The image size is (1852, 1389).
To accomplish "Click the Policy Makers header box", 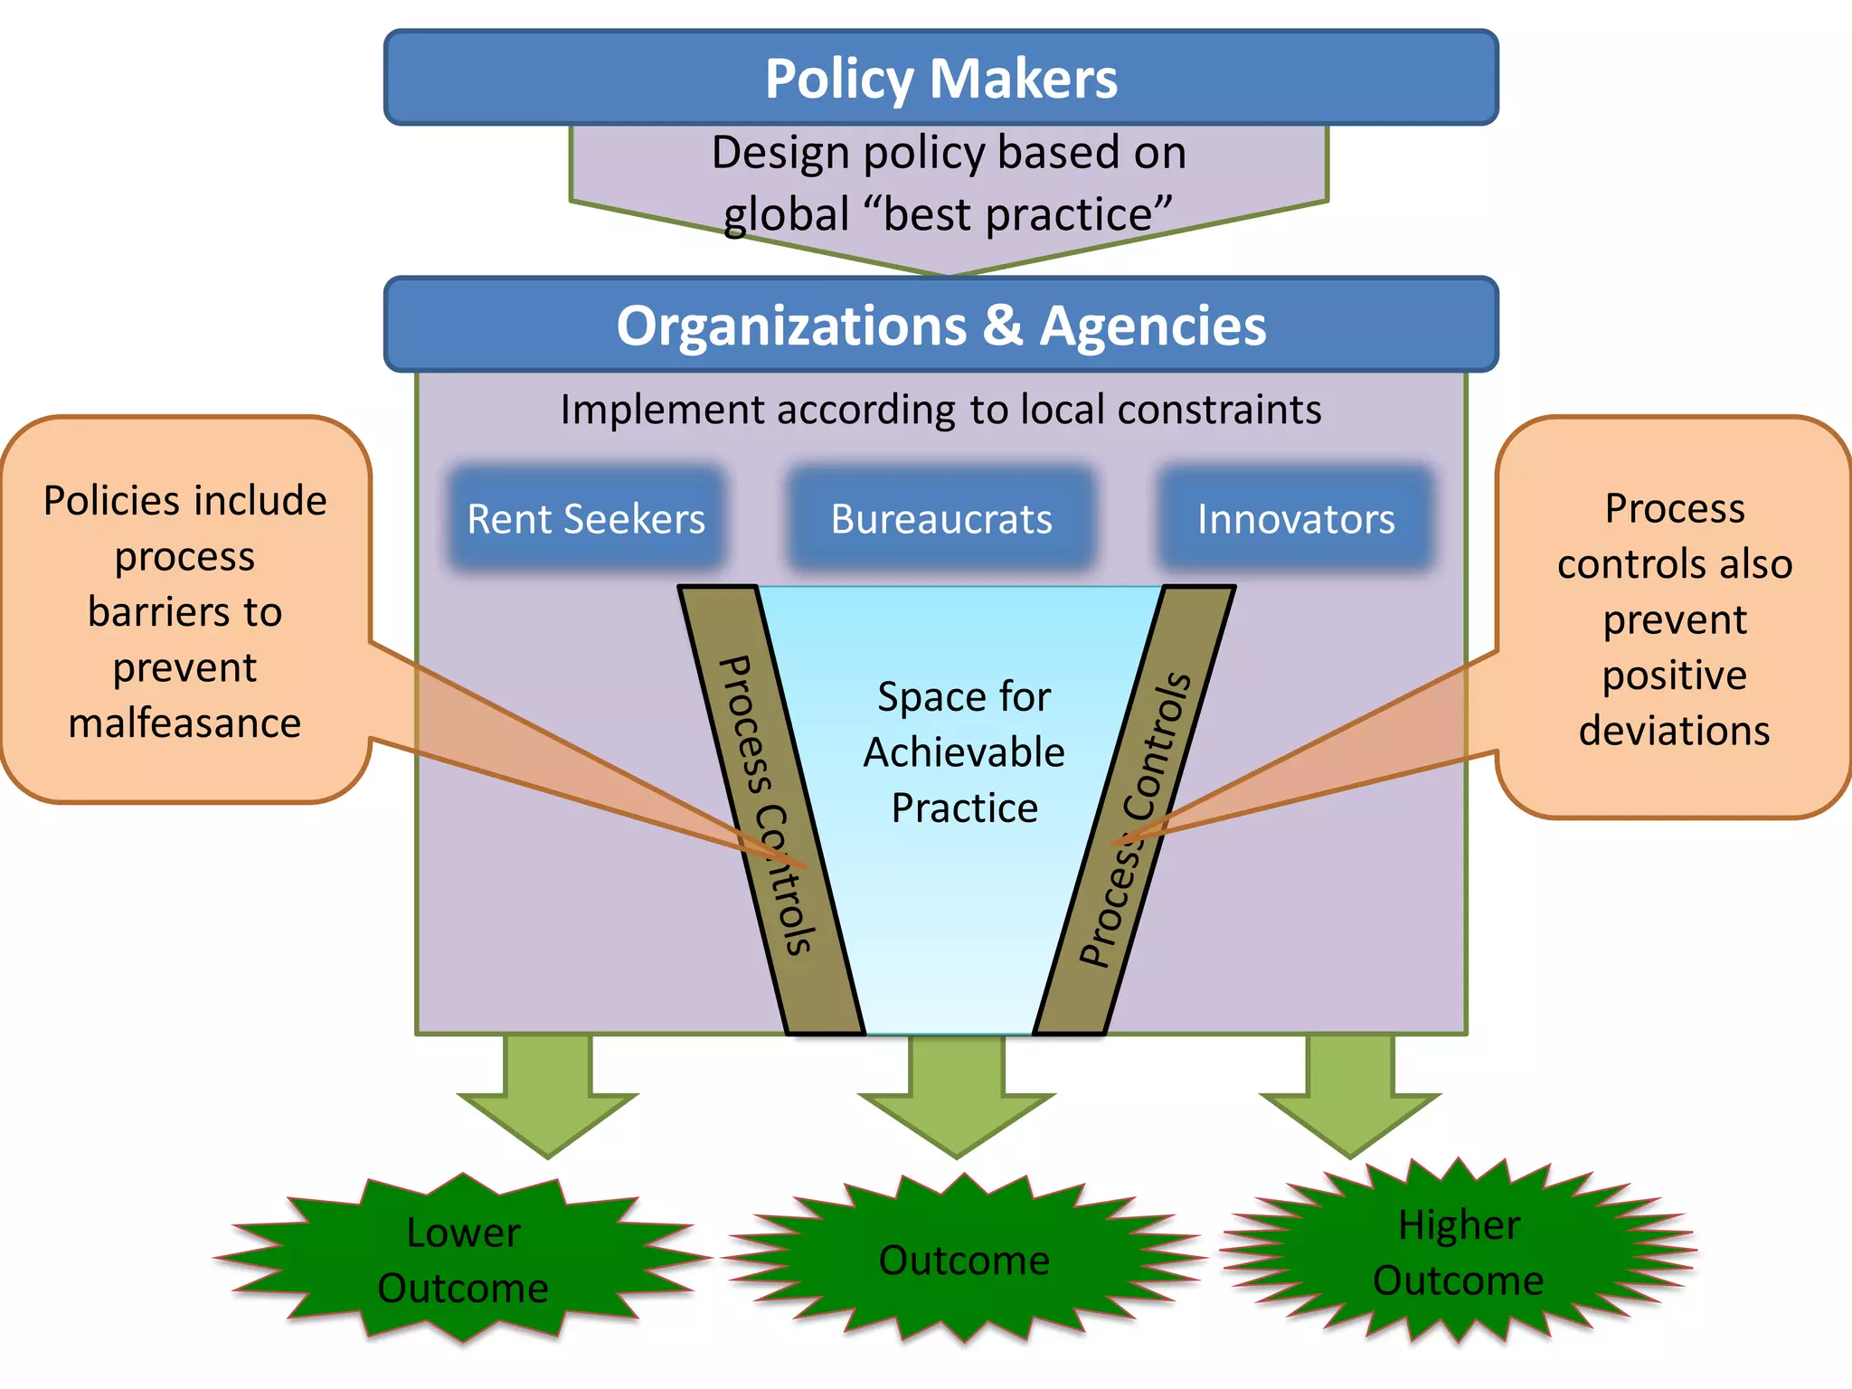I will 940,78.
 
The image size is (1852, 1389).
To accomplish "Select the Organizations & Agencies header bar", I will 940,325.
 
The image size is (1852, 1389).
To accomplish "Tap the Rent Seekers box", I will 586,519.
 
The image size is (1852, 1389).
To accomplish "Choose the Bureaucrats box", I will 940,519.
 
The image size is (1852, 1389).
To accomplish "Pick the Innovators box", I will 1296,519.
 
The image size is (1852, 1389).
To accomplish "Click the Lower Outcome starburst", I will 463,1260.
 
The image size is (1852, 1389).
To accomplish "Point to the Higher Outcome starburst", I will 1458,1252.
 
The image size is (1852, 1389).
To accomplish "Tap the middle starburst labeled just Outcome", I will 964,1260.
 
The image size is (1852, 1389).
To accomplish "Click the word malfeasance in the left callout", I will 184,723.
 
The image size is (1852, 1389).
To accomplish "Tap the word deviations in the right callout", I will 1674,731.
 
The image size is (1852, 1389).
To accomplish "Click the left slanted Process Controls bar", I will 769,805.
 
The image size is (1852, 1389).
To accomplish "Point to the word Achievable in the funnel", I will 964,752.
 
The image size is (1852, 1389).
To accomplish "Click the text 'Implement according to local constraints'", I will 940,410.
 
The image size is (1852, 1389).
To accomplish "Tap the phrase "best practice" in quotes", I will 1017,215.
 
